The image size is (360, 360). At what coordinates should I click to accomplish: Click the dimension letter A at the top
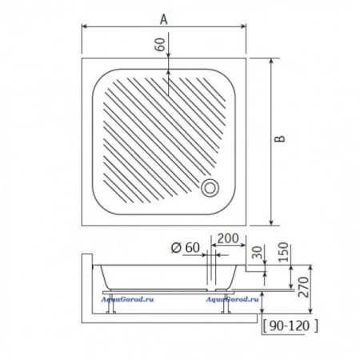(x=164, y=19)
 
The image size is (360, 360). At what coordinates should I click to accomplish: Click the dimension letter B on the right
(x=280, y=138)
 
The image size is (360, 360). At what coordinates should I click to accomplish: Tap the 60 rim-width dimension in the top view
(x=160, y=45)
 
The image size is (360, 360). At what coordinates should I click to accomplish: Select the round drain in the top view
(x=210, y=188)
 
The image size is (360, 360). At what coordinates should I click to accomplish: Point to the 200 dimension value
(x=228, y=238)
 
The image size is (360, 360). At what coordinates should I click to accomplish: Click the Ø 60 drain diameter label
(x=185, y=248)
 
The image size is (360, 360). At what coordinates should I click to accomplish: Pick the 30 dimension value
(x=257, y=253)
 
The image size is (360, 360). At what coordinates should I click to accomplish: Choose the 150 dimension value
(x=283, y=252)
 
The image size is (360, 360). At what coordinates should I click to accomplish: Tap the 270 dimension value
(x=303, y=287)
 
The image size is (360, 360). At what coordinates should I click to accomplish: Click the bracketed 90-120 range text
(x=290, y=326)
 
